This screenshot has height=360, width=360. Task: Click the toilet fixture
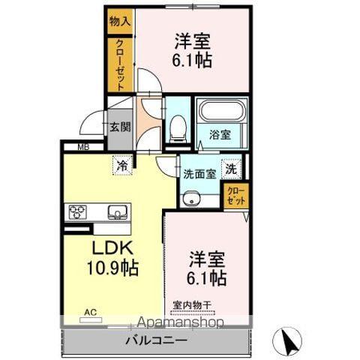click(x=177, y=128)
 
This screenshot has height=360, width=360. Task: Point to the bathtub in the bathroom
click(x=221, y=113)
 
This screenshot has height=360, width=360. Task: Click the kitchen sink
click(x=117, y=211)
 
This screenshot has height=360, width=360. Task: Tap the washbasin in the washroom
click(x=191, y=198)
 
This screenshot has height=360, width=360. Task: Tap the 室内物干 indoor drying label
click(x=193, y=304)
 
